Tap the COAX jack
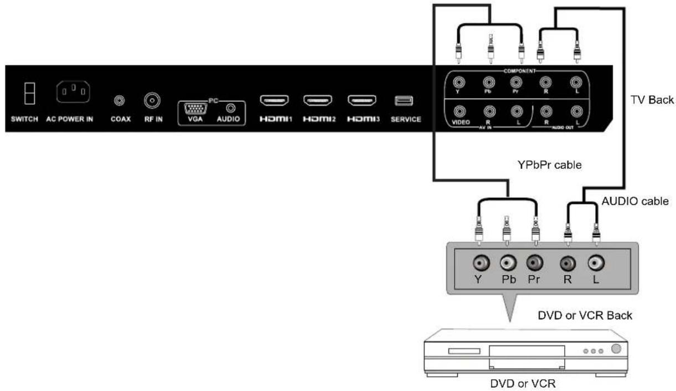coord(118,101)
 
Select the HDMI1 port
coord(275,101)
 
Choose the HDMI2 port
coord(318,101)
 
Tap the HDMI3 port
coord(362,101)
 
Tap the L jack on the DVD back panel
coord(596,263)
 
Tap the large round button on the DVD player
coord(616,349)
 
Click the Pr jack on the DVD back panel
coord(534,263)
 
